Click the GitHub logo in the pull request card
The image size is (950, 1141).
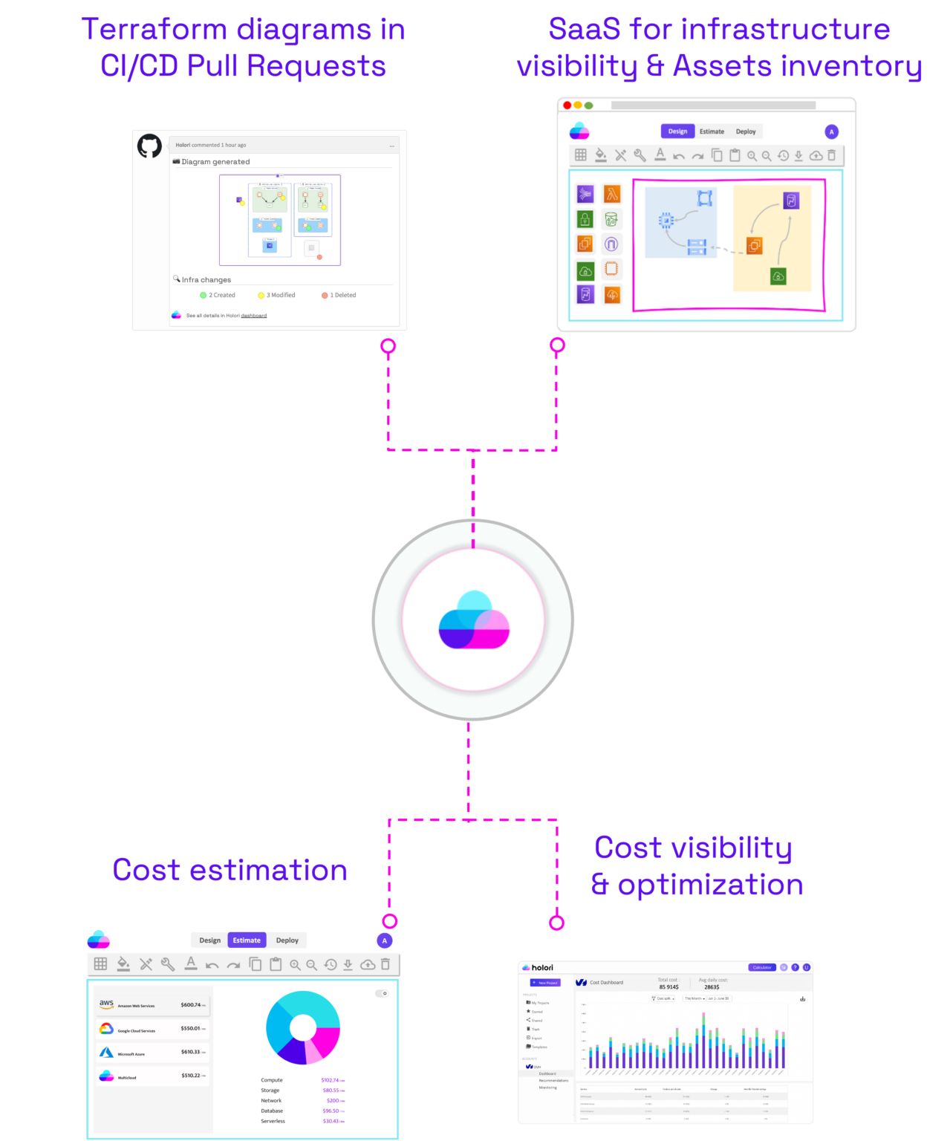(149, 146)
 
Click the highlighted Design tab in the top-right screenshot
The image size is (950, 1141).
(677, 131)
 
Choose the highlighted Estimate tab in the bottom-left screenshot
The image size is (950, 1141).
(247, 940)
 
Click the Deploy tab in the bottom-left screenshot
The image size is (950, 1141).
(287, 940)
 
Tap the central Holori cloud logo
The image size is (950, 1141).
(474, 620)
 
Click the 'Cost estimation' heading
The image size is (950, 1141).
(230, 870)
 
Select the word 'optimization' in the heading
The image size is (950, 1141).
(710, 885)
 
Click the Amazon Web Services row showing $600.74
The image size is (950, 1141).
(152, 1005)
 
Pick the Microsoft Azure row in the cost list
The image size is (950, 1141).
(152, 1053)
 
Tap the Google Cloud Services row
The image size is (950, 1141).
(152, 1030)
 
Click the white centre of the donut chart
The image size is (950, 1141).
(302, 1027)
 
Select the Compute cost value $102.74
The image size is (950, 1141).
(330, 1080)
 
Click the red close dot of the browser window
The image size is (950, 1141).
(567, 105)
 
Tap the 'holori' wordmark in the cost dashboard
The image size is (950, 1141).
(542, 968)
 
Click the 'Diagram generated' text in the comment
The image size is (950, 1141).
(215, 162)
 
